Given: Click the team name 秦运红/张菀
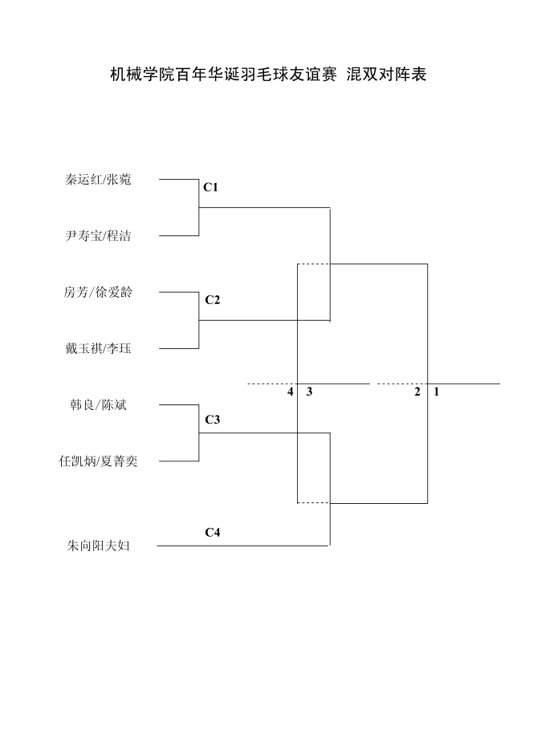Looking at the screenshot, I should point(98,180).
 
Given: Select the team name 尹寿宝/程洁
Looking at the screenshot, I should point(98,236).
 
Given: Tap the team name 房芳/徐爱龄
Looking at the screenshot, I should point(98,292).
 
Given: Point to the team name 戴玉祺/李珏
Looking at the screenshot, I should point(98,348).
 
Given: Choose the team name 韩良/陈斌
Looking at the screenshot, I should point(98,405).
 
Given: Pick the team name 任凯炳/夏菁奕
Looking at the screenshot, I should point(98,461).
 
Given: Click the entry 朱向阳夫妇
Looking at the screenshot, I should point(98,546).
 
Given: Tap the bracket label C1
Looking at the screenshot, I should point(211,188).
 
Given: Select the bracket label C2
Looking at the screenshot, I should point(212,300).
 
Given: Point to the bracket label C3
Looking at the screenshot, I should point(212,420).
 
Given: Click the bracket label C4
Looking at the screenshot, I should point(212,532).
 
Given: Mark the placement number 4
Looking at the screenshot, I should point(291,392).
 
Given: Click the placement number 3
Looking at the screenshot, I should point(309,392).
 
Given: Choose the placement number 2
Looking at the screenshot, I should point(417,392).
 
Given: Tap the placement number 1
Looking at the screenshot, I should point(437,392).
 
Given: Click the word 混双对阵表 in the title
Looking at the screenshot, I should point(385,75).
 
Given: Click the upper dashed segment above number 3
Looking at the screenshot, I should point(314,264).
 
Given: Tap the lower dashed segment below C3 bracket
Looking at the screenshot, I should point(314,503).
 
